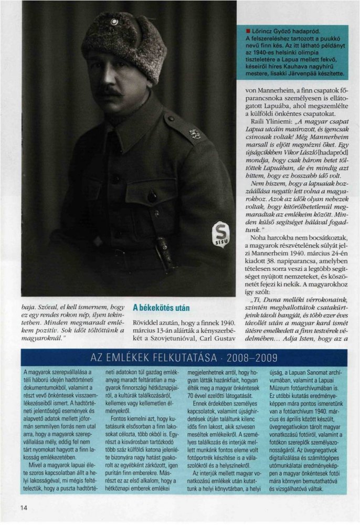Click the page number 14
24,507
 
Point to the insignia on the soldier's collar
194,133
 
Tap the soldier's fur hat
123,42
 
